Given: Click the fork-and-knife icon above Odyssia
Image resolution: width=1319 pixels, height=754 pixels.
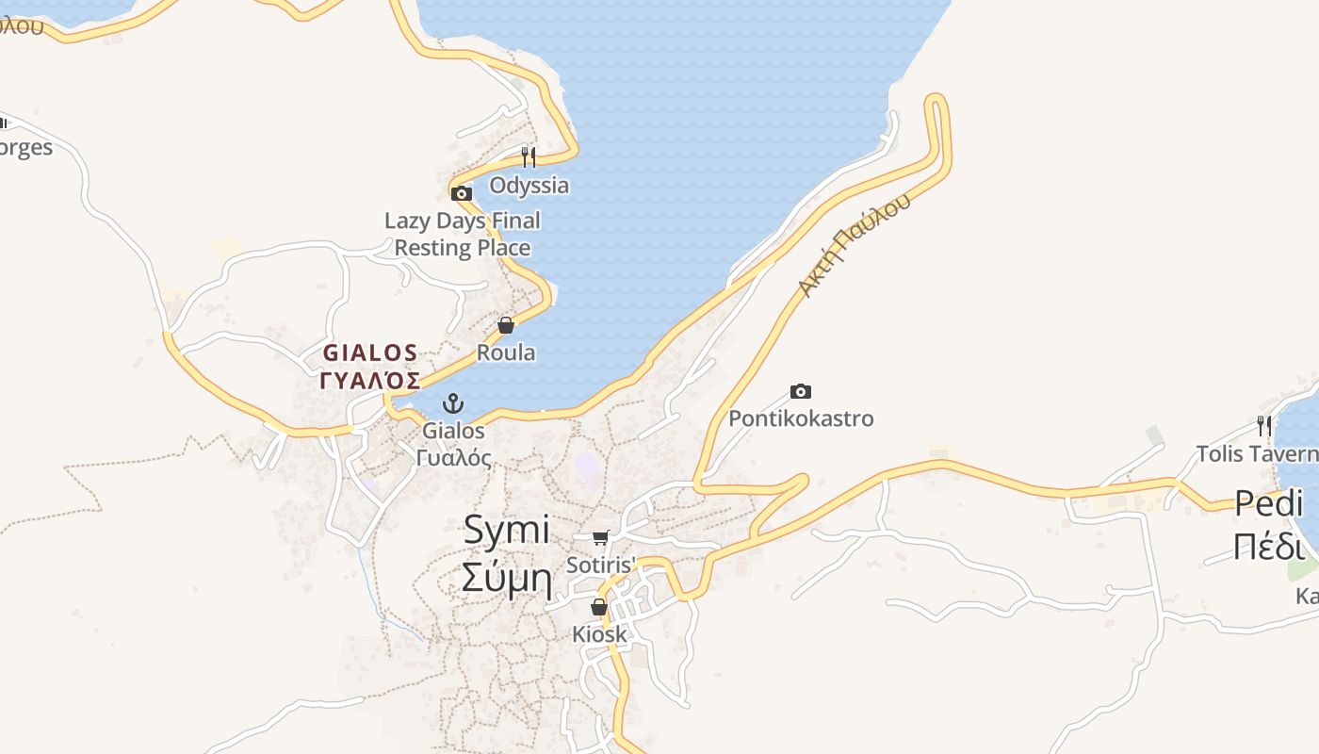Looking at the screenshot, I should [529, 156].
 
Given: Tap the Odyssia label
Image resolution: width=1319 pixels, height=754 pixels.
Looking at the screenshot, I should [529, 185].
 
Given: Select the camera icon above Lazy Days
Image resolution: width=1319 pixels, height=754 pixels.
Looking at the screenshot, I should [461, 193].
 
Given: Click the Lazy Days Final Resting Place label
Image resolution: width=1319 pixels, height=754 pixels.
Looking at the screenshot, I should [463, 234].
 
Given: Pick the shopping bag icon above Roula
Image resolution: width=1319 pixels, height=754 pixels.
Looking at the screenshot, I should [506, 325].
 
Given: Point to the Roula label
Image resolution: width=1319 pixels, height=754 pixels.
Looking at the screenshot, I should [506, 352].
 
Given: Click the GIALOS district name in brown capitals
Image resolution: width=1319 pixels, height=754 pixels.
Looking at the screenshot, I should [370, 353].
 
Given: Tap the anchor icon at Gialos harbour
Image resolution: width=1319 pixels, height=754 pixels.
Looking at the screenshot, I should [454, 403].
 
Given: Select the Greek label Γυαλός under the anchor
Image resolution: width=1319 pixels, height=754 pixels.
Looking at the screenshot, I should [454, 458].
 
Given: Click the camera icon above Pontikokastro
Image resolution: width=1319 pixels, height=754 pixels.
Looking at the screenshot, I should [801, 391].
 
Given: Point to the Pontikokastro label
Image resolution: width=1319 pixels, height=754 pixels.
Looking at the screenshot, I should [801, 418].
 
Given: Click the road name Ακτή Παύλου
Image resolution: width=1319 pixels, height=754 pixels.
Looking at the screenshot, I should [855, 245].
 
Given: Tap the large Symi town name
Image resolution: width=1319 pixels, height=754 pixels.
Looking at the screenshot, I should [506, 530].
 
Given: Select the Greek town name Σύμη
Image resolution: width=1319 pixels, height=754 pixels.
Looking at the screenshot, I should [506, 577].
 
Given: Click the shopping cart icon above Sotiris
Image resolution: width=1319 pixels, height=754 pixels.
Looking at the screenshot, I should [600, 537].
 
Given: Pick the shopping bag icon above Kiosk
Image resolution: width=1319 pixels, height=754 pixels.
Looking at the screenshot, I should [599, 607].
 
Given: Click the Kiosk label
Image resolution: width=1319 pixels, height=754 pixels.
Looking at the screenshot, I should [599, 634].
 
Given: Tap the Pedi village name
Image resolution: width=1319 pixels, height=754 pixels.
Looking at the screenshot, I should [1268, 503].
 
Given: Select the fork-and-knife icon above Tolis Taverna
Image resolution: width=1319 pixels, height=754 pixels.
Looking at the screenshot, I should [1263, 426].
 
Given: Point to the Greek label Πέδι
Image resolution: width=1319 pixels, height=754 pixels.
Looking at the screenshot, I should [1268, 546].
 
